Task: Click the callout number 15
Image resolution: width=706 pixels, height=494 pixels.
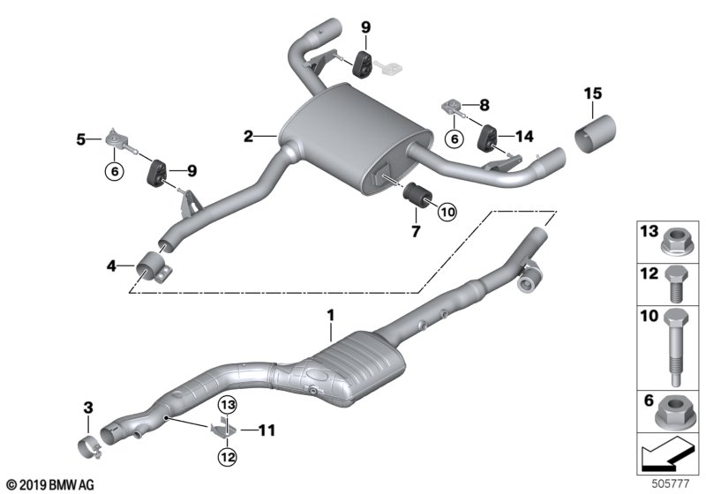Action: [592, 94]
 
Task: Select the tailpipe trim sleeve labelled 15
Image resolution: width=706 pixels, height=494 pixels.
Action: [595, 134]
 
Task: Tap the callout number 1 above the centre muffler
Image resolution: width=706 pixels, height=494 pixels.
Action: [331, 316]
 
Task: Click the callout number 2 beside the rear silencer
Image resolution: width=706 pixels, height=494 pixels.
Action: [248, 136]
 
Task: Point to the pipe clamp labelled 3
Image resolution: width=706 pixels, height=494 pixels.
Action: [91, 446]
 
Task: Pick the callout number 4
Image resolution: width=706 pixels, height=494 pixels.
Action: [111, 266]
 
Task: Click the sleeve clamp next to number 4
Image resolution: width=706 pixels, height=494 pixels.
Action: [154, 267]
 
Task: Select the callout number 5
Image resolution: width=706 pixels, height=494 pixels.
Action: [80, 139]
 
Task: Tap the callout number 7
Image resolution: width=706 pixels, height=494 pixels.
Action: [416, 231]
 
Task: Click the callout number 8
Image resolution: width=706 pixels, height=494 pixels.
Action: [484, 105]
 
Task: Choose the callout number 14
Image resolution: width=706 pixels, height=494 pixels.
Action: [524, 136]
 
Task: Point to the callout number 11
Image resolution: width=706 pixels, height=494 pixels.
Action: [267, 430]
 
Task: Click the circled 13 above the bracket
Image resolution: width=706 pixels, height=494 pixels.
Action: [228, 405]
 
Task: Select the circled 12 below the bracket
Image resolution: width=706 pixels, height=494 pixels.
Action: [228, 457]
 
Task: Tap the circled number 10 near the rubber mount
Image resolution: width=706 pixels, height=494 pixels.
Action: [447, 212]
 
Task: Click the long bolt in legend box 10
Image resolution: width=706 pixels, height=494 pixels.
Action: [674, 347]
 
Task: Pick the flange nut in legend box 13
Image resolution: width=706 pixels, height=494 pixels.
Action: [673, 243]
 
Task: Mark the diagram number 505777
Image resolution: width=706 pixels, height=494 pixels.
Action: [671, 483]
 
